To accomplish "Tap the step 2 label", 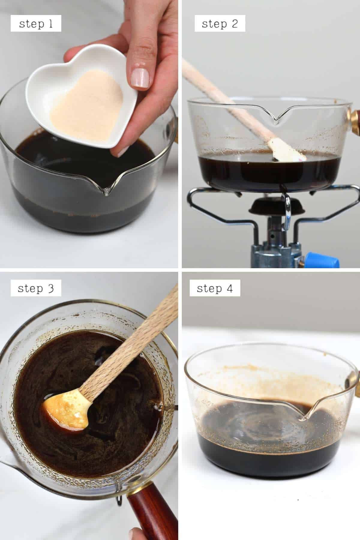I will [220, 24].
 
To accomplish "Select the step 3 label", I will [36, 288].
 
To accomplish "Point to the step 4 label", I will [214, 288].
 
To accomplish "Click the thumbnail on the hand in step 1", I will [141, 76].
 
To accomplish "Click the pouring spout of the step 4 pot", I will [306, 411].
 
